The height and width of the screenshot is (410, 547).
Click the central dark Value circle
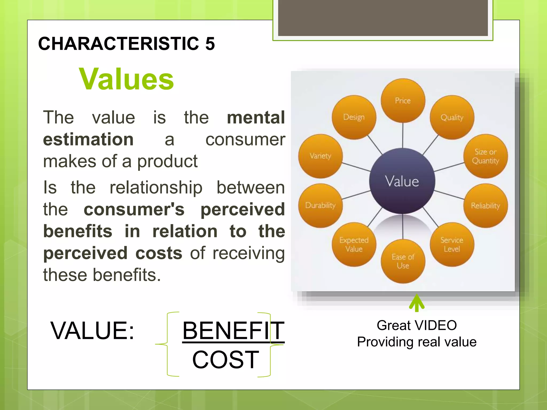click(402, 181)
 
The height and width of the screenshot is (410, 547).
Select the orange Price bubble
click(403, 101)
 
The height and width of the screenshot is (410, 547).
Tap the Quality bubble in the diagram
click(452, 117)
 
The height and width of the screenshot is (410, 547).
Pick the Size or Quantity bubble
click(485, 156)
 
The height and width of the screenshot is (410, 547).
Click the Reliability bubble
click(485, 206)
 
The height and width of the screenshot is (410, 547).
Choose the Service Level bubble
click(452, 244)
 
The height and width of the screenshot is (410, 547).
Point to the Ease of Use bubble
click(403, 261)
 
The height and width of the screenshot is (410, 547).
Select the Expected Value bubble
click(354, 244)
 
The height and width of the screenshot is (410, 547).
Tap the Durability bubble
click(320, 205)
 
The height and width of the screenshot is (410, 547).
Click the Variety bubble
click(320, 156)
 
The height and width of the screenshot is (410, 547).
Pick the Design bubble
click(354, 117)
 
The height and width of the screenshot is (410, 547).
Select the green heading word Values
click(126, 79)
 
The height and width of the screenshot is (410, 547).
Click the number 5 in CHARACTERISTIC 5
click(210, 44)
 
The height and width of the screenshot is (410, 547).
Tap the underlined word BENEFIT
click(233, 331)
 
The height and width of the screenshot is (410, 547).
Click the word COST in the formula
click(225, 360)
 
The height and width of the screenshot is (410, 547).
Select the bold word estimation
click(88, 139)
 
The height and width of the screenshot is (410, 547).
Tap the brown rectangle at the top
click(383, 18)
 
